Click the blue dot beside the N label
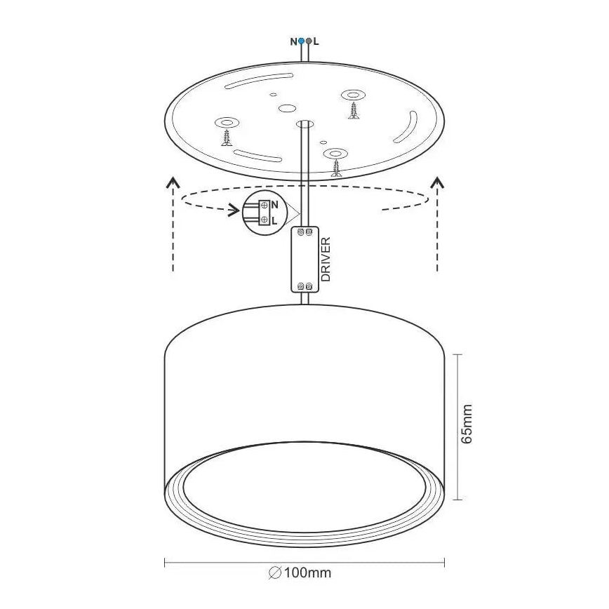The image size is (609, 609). click(301, 41)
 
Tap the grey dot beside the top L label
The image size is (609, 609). click(309, 41)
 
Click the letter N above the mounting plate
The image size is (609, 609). click(294, 41)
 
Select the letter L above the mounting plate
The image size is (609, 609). click(316, 41)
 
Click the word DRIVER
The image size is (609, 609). click(326, 260)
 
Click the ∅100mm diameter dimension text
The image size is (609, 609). click(300, 573)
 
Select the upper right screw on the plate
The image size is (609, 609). click(352, 109)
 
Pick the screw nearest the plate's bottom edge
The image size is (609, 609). click(337, 167)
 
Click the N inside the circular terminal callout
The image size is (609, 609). click(275, 205)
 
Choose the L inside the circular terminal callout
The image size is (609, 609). click(274, 220)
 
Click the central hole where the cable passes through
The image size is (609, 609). click(304, 124)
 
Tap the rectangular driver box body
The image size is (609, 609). click(304, 260)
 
